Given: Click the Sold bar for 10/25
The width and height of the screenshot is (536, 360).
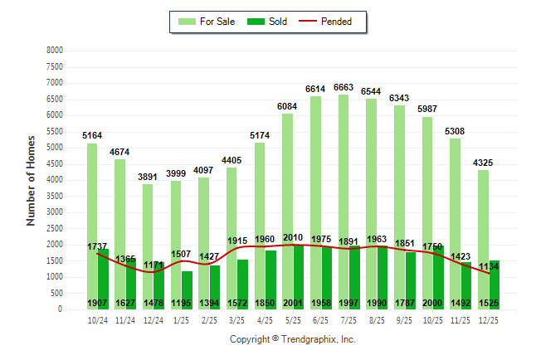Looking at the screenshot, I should point(438,274).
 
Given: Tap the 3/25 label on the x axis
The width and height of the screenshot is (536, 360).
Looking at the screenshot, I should point(237,319).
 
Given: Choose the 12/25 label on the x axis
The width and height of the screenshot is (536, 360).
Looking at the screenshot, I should point(488,319).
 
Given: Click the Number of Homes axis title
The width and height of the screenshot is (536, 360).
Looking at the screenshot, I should point(32,180).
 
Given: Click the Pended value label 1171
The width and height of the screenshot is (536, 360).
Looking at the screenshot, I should point(153,265).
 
